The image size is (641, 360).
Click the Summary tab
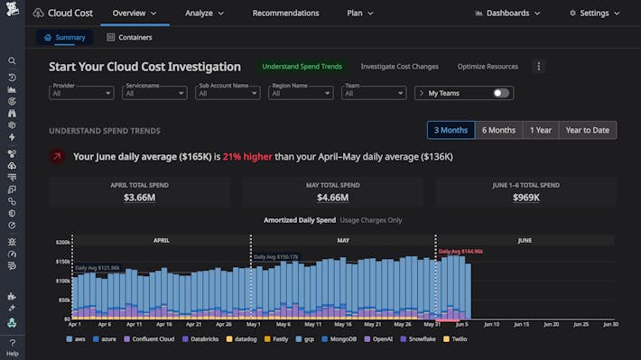coord(64,37)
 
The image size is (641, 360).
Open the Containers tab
coord(128,37)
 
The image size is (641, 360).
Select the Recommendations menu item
coord(285,13)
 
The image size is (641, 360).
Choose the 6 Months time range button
coord(498,130)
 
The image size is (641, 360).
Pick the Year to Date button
coord(587,130)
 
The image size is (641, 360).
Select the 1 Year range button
coord(541,130)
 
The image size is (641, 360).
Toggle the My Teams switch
coord(500,93)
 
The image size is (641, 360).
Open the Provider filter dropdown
coord(81,93)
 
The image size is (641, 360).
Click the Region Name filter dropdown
coord(301,93)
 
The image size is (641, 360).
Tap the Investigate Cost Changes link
coord(399,67)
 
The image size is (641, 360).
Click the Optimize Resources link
coord(488,67)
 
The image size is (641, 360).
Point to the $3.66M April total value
coord(140,197)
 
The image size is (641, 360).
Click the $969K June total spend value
coord(525,197)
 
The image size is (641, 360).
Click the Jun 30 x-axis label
coord(610,324)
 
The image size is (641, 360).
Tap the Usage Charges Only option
coord(371,220)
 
